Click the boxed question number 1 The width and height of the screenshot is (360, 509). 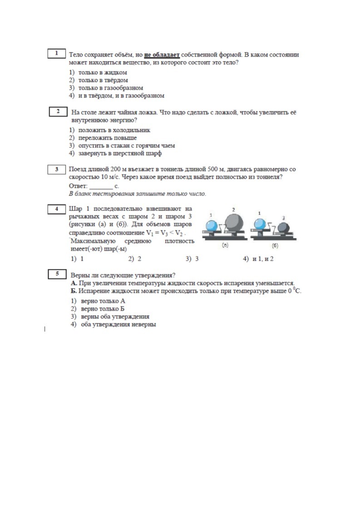click(x=57, y=54)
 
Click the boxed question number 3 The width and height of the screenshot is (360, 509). click(x=57, y=170)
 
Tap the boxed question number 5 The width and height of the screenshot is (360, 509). click(x=57, y=274)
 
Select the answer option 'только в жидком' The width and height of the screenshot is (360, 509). click(x=102, y=72)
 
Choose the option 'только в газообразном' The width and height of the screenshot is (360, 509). click(x=110, y=88)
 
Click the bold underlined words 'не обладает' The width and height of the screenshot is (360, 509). click(x=162, y=55)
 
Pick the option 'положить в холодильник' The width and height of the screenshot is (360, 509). click(x=113, y=130)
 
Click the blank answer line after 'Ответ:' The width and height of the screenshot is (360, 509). click(x=101, y=186)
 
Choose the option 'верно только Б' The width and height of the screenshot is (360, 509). click(x=103, y=308)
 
